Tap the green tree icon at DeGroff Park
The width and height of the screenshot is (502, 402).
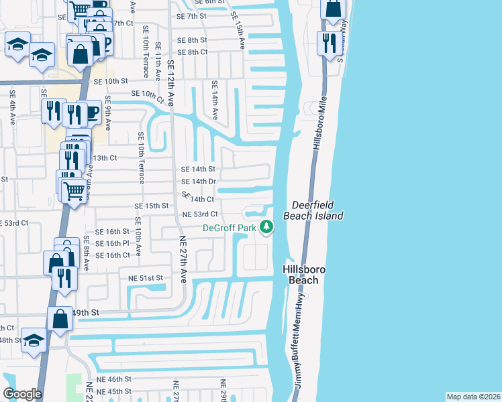[267, 228]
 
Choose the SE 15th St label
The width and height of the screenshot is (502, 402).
[150, 206]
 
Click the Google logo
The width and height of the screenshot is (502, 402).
[22, 394]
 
